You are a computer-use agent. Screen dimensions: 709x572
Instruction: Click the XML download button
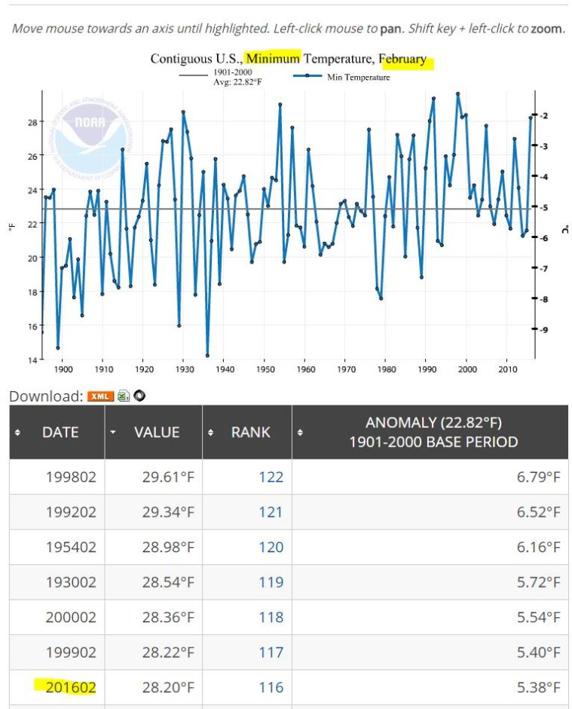[100, 396]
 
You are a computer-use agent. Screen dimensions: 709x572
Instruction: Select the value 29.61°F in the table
[168, 477]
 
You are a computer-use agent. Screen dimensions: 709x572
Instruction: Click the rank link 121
[271, 512]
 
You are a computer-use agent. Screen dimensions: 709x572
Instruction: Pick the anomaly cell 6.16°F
[538, 547]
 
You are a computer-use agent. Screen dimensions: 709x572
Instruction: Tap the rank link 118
[271, 617]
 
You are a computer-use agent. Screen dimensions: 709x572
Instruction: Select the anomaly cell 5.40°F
[538, 652]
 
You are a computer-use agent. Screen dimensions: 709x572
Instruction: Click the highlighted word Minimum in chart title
[273, 58]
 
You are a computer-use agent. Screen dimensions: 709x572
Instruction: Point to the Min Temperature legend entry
[357, 77]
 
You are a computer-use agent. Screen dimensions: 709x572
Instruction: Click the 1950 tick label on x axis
[265, 370]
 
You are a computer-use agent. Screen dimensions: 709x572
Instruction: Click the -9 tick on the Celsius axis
[544, 329]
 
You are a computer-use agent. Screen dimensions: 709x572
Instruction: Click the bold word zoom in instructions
[546, 29]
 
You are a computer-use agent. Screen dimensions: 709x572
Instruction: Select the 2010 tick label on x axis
[507, 370]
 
